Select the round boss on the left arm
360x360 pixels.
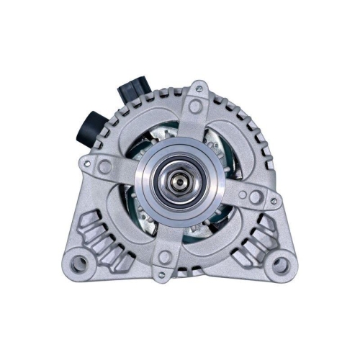click(105, 166)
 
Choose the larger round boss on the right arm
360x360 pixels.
click(249, 194)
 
